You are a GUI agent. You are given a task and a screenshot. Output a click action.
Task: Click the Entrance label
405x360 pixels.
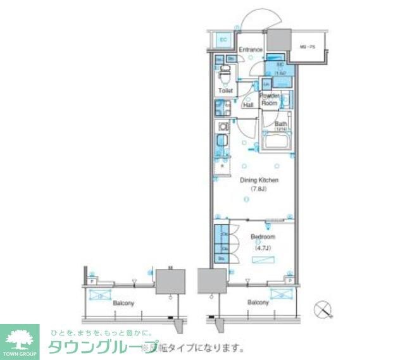[x=250, y=49]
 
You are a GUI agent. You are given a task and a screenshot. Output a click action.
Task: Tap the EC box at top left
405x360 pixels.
[x=223, y=40]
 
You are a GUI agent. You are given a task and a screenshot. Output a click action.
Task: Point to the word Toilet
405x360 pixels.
[x=225, y=91]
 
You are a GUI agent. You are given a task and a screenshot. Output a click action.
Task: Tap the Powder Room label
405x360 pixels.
[x=270, y=100]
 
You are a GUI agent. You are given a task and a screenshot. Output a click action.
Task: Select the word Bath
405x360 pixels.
[x=280, y=124]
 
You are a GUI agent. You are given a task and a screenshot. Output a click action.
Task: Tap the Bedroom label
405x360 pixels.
[x=261, y=237]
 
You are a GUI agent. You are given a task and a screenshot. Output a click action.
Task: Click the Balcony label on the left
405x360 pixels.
[x=123, y=303]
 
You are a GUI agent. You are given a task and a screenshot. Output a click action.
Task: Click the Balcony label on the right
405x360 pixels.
[x=258, y=302]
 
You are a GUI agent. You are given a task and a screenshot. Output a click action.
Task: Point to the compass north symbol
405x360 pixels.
[x=324, y=309]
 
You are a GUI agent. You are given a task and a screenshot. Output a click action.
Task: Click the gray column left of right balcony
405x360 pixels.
[x=211, y=280]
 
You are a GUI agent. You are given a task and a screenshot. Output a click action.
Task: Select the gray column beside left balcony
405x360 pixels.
[x=170, y=280]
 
